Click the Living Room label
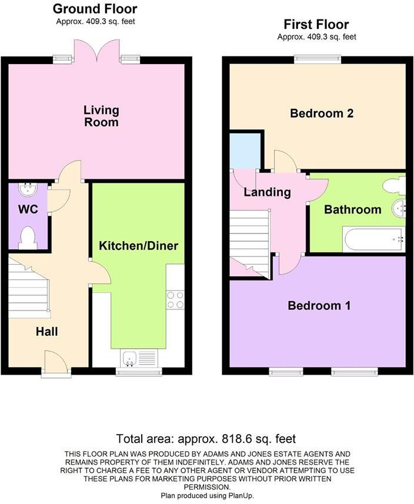click(101, 116)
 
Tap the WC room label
click(28, 209)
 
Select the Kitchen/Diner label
click(138, 245)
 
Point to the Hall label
click(46, 332)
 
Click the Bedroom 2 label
click(322, 114)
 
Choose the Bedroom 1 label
click(319, 306)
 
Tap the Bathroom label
click(353, 209)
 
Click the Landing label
click(268, 192)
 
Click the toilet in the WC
click(27, 238)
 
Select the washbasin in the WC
click(27, 189)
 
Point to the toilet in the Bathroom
click(393, 186)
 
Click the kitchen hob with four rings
click(175, 299)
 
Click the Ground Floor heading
click(95, 9)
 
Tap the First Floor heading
click(316, 25)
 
